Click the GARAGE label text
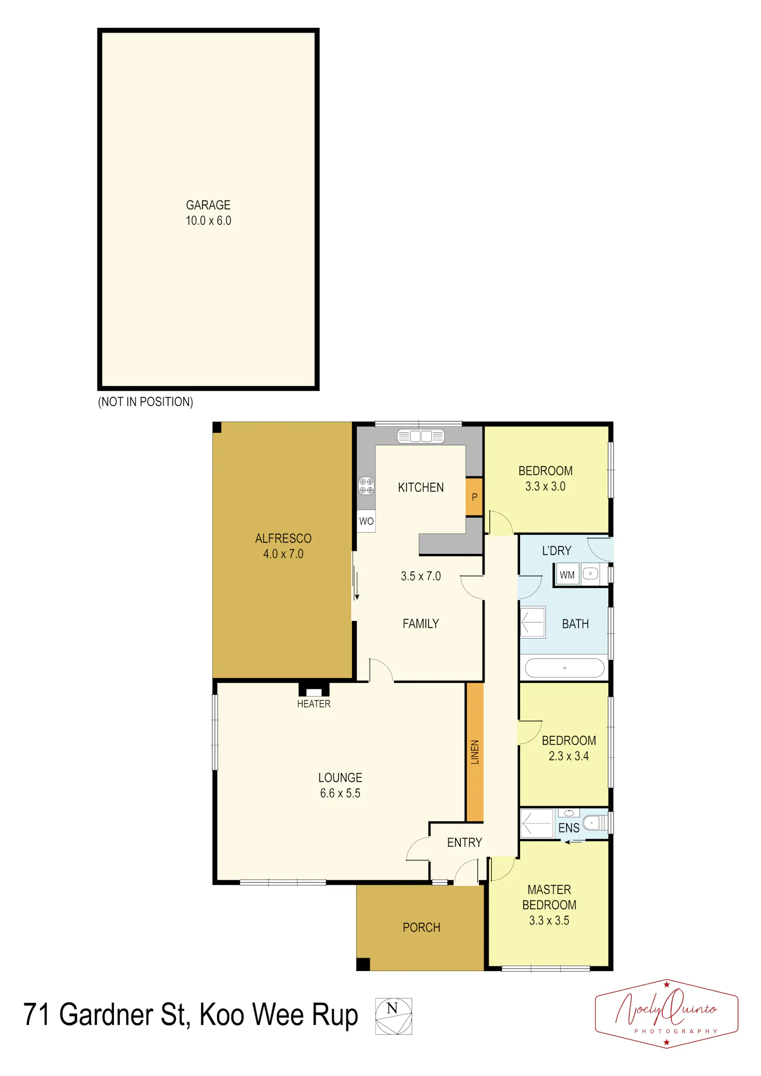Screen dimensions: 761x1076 (x=208, y=205)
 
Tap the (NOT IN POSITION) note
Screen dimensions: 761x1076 (x=146, y=402)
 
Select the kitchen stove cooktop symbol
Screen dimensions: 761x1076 (x=366, y=486)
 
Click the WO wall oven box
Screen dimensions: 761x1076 (x=366, y=521)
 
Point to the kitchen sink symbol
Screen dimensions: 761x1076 (x=421, y=436)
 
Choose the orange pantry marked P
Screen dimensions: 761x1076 (x=474, y=497)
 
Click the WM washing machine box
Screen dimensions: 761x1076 (x=567, y=575)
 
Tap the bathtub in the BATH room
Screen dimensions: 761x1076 (x=564, y=668)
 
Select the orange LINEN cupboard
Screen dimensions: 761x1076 (x=474, y=752)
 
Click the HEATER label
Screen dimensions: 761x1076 (x=314, y=704)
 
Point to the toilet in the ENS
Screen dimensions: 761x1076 (x=595, y=822)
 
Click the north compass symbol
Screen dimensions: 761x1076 (x=394, y=1016)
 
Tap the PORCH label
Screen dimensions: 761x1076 (x=421, y=927)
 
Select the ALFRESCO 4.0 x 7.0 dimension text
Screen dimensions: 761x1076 (x=283, y=554)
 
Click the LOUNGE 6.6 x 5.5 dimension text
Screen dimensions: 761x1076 (x=340, y=793)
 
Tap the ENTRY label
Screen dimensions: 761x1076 (x=464, y=843)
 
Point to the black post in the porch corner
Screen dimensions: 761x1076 (x=363, y=964)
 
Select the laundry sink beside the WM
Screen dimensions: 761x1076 (x=590, y=574)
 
